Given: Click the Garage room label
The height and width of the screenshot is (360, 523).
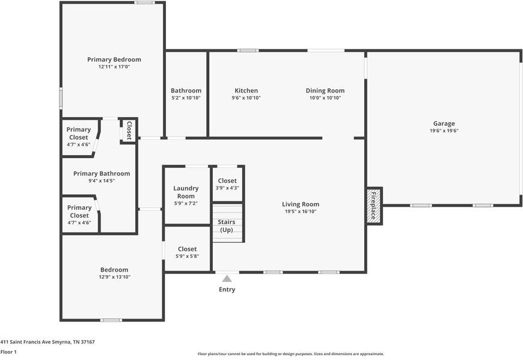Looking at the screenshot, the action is [444, 124].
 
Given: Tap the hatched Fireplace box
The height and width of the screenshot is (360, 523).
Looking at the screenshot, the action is [374, 206].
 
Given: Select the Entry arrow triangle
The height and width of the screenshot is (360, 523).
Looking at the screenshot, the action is [227, 278].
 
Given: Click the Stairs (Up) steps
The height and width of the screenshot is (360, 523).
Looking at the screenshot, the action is [228, 223].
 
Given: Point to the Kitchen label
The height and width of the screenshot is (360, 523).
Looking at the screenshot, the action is [246, 90].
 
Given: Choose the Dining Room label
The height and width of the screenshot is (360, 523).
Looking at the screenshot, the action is [325, 90].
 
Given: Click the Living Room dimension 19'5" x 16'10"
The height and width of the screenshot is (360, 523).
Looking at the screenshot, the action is [301, 212].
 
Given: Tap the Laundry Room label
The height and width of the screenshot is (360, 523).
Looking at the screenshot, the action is [186, 192].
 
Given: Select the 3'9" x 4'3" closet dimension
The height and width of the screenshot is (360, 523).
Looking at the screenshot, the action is [227, 188].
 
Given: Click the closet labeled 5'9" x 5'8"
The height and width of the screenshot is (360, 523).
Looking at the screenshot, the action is [187, 249].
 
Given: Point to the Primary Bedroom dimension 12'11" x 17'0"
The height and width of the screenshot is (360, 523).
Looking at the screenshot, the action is [114, 67].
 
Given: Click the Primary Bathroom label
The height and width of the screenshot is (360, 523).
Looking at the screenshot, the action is [102, 173].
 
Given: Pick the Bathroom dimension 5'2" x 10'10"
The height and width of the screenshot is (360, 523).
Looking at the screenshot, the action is [186, 98].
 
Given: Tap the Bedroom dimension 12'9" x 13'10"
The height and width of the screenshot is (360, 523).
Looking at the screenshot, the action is [114, 277].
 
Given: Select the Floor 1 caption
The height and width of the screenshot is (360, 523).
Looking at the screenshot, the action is [8, 352].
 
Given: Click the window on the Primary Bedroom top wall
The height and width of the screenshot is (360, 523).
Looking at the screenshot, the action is [144, 2].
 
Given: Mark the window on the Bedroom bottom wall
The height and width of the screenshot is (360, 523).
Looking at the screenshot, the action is [111, 320].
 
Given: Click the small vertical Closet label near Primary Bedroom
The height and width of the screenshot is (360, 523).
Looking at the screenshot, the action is [129, 130].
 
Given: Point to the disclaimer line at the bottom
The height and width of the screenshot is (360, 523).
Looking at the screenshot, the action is [291, 354].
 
